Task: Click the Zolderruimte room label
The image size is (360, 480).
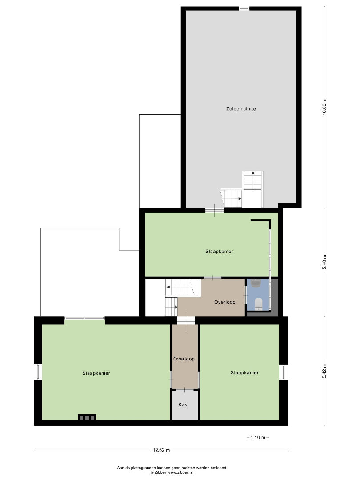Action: pos(241,109)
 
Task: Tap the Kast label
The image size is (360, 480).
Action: pos(184,404)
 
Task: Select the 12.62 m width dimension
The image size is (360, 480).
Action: pos(161,450)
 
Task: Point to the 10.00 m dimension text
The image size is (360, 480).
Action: pos(324,107)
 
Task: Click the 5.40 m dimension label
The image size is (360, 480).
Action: pos(324,262)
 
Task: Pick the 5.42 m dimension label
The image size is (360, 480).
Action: pos(324,371)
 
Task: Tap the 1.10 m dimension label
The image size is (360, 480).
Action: pos(258,437)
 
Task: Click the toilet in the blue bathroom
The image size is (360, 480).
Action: pos(259,303)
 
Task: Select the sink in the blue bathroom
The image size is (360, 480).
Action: pos(255,283)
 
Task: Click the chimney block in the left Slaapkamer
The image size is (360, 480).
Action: pos(87,417)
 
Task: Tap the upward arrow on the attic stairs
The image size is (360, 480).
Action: pos(253,177)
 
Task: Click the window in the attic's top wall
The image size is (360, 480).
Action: pos(244,8)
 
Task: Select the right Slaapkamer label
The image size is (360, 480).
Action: pos(244,372)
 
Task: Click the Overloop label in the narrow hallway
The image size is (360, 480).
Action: pos(184,359)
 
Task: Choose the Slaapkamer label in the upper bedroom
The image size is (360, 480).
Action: pos(219,251)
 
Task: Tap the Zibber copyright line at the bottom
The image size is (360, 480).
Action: pos(172,472)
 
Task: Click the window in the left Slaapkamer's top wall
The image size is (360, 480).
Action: pos(84,318)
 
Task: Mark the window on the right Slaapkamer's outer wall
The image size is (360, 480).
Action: pos(284,372)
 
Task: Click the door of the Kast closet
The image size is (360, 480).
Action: pos(185,390)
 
